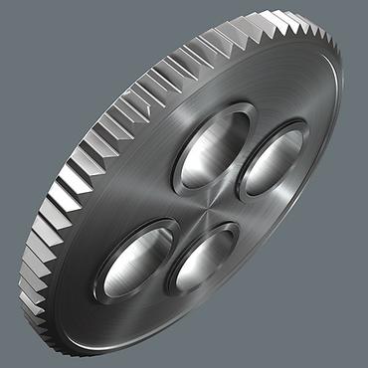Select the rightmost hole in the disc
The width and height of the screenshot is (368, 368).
270,158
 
